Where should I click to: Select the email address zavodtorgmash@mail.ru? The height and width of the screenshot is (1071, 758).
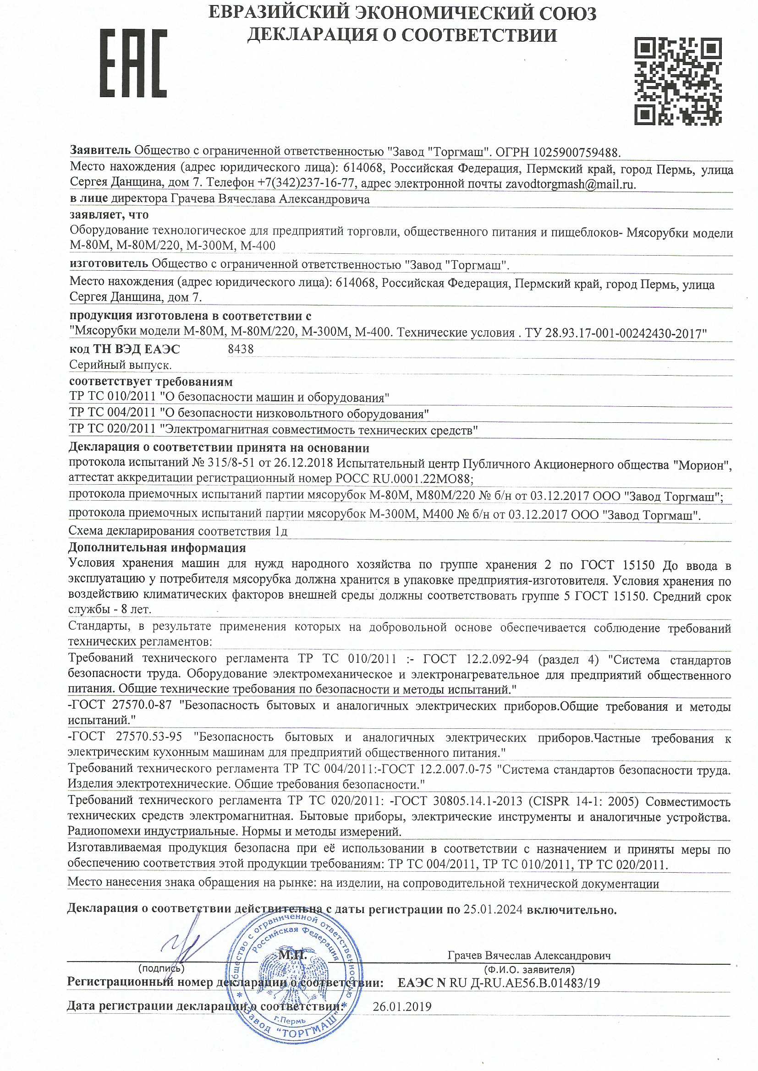(x=570, y=184)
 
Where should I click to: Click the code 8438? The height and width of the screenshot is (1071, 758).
(x=241, y=350)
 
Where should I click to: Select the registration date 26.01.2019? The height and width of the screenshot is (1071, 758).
(x=402, y=1006)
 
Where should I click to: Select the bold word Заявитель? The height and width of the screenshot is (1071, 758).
(x=100, y=150)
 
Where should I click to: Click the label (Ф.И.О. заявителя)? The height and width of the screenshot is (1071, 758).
(x=529, y=970)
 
